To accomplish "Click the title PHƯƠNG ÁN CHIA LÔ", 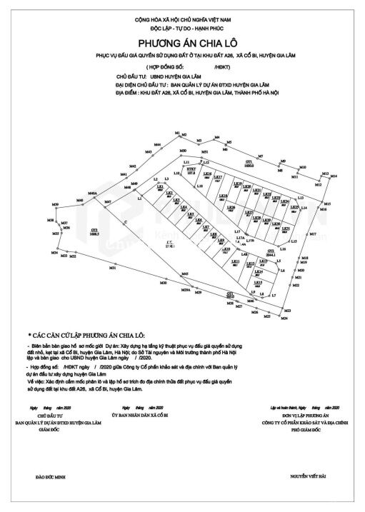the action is [x=182, y=43].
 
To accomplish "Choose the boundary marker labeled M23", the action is [x=287, y=311].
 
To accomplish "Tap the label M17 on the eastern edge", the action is [x=311, y=234].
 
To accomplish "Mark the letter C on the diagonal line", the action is [x=124, y=223].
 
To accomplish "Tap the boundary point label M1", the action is [x=176, y=134].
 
